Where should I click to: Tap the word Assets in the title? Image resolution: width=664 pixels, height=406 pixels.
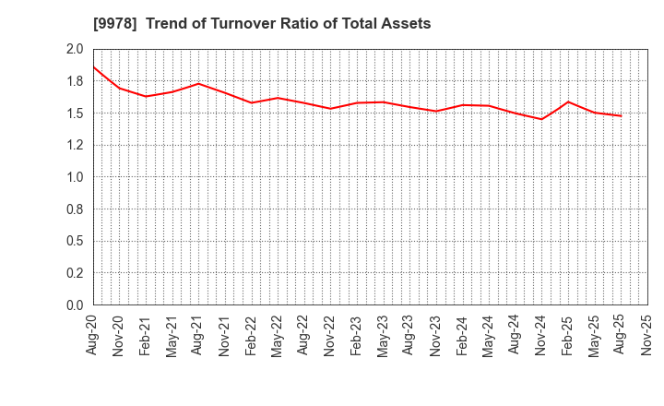[x=406, y=24]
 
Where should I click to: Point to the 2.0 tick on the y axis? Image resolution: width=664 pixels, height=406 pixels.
[x=75, y=50]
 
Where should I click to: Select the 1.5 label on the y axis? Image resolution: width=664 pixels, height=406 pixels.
[x=75, y=113]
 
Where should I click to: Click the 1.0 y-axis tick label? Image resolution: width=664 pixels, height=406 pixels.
[x=75, y=177]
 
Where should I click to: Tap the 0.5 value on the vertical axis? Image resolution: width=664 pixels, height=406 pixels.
[x=75, y=242]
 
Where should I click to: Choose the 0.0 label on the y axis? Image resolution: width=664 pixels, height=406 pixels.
[x=75, y=305]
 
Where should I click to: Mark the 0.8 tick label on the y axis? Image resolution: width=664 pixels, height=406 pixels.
[x=75, y=209]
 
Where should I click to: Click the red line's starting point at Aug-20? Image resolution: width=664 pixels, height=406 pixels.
[x=93, y=66]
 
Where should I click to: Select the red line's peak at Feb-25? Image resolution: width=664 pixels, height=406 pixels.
[x=568, y=101]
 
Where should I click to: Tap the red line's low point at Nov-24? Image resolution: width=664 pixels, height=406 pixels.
[x=542, y=119]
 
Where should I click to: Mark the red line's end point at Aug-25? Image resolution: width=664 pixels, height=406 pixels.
[x=622, y=115]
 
